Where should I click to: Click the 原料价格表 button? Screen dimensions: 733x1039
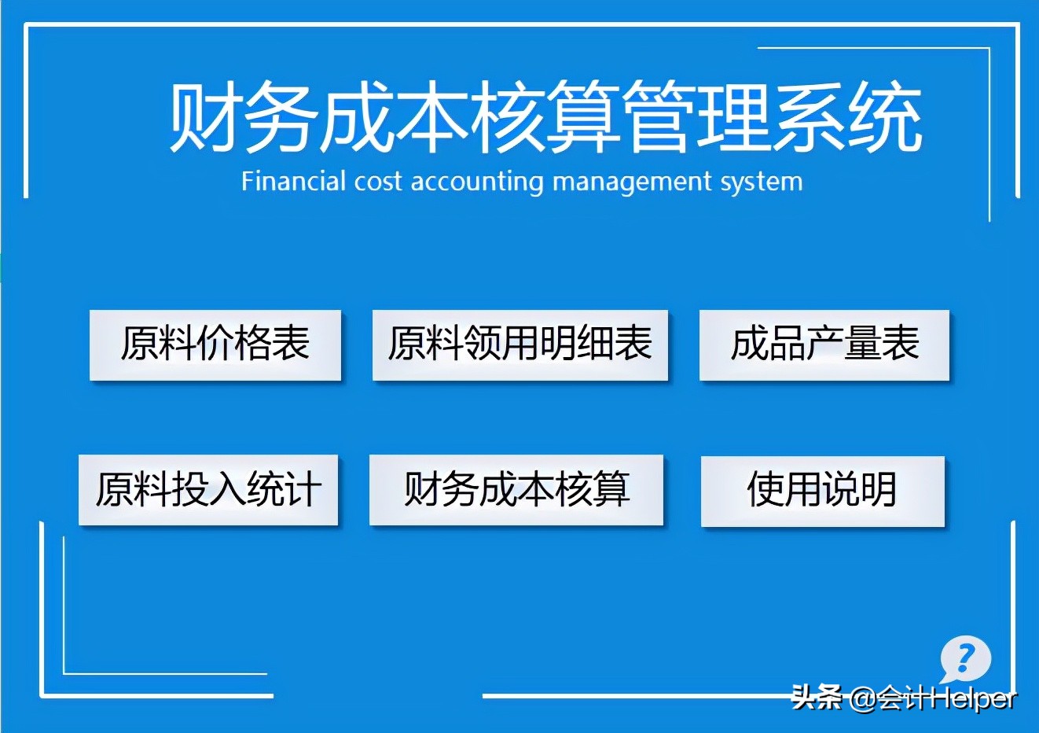pyautogui.click(x=215, y=345)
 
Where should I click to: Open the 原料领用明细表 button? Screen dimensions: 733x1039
pyautogui.click(x=520, y=345)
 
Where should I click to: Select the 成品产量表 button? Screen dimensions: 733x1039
pyautogui.click(x=824, y=345)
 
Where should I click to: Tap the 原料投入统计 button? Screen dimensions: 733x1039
pyautogui.click(x=208, y=490)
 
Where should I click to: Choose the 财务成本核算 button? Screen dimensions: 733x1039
pyautogui.click(x=516, y=490)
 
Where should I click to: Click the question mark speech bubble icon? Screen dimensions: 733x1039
pyautogui.click(x=965, y=658)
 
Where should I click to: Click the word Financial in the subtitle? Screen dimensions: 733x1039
pyautogui.click(x=293, y=182)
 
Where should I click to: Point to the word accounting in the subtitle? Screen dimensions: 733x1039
pyautogui.click(x=477, y=182)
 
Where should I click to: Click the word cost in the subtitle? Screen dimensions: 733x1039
pyautogui.click(x=379, y=182)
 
